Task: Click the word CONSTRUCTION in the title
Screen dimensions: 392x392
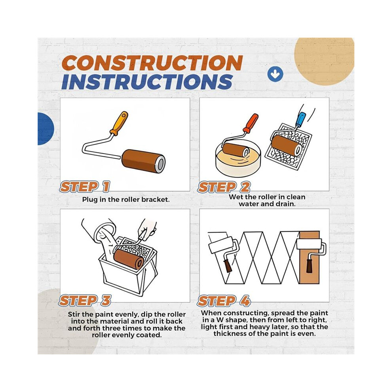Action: point(152,63)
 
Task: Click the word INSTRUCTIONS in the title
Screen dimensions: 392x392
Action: point(147,82)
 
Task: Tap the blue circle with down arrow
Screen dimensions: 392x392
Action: point(275,74)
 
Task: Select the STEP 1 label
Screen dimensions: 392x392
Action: point(84,187)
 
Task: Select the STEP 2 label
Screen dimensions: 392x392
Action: point(224,187)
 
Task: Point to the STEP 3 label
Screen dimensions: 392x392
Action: point(85,301)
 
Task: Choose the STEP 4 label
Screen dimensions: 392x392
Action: point(224,301)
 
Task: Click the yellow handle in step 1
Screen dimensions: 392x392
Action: point(119,123)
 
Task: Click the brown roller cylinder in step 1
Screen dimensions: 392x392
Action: point(143,161)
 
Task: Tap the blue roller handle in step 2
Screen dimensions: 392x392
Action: point(300,120)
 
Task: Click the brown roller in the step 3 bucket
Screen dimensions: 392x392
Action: point(129,259)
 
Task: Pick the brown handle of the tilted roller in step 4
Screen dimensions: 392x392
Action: point(228,266)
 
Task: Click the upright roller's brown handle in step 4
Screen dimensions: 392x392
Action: point(310,266)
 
